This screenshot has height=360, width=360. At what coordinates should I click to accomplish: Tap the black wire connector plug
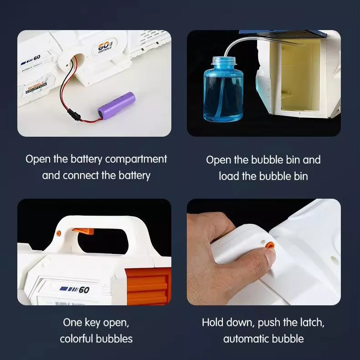(x=73, y=114)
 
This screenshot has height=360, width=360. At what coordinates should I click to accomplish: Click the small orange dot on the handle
(x=58, y=233)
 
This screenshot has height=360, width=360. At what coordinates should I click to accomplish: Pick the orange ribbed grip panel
(x=149, y=287)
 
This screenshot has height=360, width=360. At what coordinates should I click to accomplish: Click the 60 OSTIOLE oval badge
(x=105, y=46)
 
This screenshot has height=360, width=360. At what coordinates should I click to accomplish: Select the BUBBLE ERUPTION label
(x=36, y=87)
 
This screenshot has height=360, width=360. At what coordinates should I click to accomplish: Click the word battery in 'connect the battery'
(x=134, y=175)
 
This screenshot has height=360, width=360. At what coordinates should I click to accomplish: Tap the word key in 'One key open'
(x=93, y=323)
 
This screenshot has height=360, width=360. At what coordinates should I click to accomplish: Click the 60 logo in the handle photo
(x=74, y=289)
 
